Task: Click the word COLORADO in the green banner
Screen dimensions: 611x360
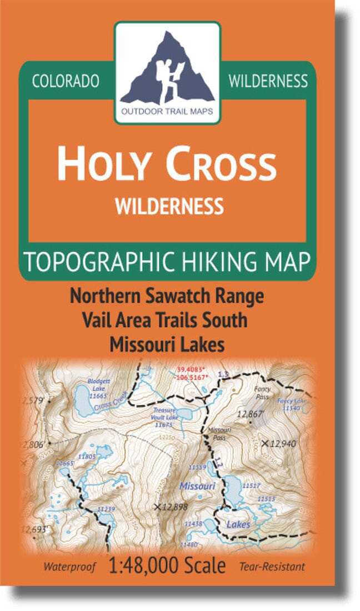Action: point(66,82)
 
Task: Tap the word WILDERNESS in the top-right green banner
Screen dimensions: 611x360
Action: point(268,82)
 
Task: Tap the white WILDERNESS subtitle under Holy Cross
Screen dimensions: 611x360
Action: point(169,206)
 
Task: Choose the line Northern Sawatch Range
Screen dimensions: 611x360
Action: point(167,296)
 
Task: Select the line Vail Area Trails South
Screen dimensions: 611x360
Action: point(167,320)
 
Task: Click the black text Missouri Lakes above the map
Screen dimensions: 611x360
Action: point(167,344)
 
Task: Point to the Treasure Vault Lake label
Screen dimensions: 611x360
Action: point(165,417)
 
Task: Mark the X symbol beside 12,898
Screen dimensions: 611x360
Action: point(158,506)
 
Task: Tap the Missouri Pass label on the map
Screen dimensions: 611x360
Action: point(215,434)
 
